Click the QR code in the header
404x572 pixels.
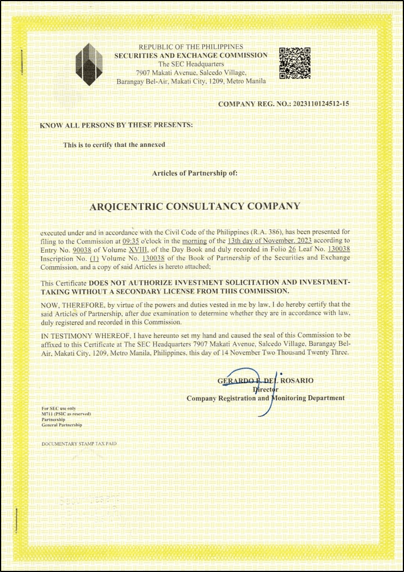click(x=294, y=63)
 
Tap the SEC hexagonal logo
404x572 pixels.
click(x=90, y=64)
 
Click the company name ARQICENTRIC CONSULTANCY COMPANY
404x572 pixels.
click(x=195, y=206)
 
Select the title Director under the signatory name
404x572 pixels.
click(x=265, y=389)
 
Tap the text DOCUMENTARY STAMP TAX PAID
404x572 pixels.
click(x=79, y=443)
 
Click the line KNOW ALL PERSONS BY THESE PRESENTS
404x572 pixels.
click(x=116, y=124)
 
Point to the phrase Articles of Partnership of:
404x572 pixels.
click(x=191, y=172)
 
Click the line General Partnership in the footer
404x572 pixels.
click(x=62, y=425)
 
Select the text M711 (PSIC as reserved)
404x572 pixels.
click(x=66, y=414)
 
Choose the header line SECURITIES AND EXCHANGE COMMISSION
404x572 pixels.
click(x=191, y=55)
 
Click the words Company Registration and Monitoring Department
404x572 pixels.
click(x=266, y=398)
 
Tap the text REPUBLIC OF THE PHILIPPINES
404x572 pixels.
click(x=191, y=47)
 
